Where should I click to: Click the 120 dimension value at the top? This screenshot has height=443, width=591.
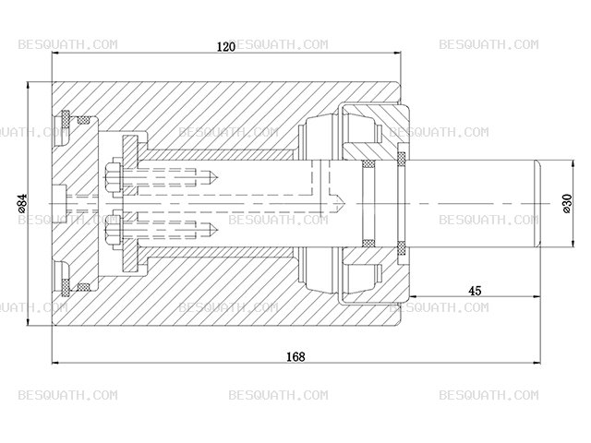click(x=226, y=47)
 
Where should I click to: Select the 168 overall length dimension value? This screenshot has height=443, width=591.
click(x=295, y=356)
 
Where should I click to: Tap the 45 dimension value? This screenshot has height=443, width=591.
click(x=475, y=291)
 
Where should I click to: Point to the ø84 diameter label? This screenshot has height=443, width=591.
click(x=22, y=203)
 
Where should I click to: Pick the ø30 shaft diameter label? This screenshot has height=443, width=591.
click(x=567, y=204)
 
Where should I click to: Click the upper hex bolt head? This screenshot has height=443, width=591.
click(x=113, y=177)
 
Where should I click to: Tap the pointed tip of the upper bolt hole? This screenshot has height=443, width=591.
click(x=218, y=176)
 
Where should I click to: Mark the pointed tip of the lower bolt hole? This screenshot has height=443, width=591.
click(x=218, y=229)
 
